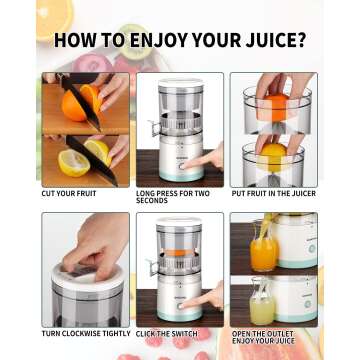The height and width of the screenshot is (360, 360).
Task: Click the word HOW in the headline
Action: [73, 42]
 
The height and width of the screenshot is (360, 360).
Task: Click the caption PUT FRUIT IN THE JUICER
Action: [274, 193]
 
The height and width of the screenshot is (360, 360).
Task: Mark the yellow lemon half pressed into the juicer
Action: [273, 148]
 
